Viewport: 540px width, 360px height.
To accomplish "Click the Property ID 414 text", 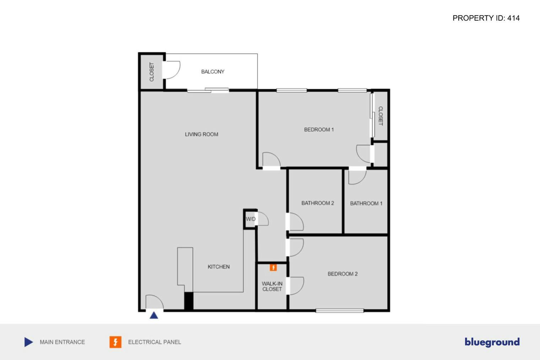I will coord(486,18).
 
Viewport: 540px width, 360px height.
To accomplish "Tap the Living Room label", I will coord(201,134).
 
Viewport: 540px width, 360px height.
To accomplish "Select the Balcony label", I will coord(212,72).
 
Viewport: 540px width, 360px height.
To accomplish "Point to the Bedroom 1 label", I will coord(319,130).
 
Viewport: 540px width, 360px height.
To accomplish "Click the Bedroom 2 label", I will coord(342,274).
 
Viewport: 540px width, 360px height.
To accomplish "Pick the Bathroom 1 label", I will coord(366,204).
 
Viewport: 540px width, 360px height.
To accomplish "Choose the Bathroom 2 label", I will coord(318,203).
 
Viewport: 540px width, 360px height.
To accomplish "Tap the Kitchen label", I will coord(218,267).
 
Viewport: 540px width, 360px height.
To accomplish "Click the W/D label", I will coord(250,219).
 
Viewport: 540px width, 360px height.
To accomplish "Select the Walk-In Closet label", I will coord(272,286).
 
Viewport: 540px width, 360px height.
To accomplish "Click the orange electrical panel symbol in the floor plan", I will coord(273,268).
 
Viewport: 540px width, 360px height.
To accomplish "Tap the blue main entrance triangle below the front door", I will coord(154,315).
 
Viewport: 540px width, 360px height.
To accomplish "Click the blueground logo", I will coord(492,342).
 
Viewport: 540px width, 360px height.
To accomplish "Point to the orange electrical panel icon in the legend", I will coord(115,342).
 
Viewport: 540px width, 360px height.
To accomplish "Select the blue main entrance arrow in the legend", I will coord(28,342).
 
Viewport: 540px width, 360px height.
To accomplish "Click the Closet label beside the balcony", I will coord(152,72).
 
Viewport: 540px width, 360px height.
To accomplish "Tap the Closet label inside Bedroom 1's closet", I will coord(380,116).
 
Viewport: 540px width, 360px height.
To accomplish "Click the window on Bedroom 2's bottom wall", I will coord(340,311).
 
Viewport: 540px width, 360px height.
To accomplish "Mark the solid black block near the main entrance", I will coord(189,301).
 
